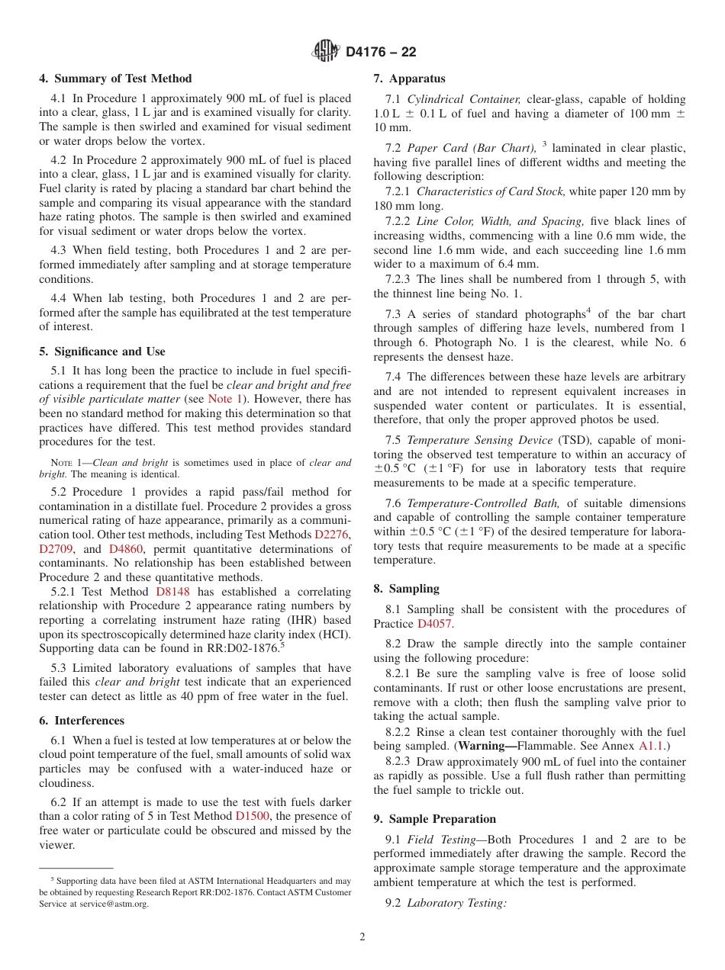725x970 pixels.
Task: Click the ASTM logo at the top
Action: tap(326, 52)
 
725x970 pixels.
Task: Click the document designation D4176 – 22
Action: tap(381, 53)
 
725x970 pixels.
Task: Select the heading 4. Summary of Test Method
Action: tap(115, 79)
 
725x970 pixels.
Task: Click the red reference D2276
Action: tap(333, 535)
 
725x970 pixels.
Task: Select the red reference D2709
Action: tap(56, 549)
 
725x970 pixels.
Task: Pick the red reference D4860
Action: tap(124, 549)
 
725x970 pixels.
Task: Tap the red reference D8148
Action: tap(173, 592)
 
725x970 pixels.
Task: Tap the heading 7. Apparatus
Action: tap(409, 79)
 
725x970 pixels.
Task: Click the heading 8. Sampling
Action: tap(406, 589)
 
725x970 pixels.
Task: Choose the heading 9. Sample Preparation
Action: tap(434, 819)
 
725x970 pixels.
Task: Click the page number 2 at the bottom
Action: tap(362, 937)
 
